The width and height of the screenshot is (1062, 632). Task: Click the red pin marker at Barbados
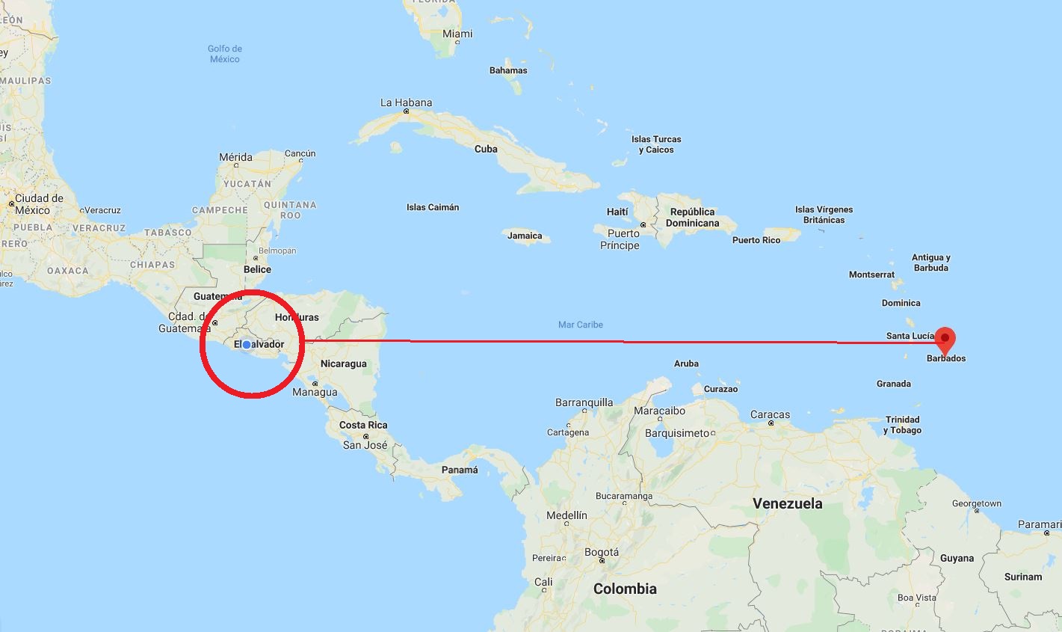[x=945, y=339]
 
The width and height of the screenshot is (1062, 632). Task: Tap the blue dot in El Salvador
[x=247, y=345]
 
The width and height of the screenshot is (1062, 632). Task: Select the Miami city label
[x=457, y=34]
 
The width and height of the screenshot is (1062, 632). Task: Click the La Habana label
[x=406, y=102]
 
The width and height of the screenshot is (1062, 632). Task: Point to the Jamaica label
[x=525, y=236]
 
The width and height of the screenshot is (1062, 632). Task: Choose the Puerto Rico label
[x=756, y=240]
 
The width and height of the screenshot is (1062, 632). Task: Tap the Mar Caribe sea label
[x=581, y=325]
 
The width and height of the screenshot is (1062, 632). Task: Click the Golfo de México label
[x=225, y=54]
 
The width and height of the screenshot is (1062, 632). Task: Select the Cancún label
[x=300, y=153]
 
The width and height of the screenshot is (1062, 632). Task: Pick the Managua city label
[x=315, y=392]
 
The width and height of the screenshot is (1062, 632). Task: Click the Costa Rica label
[x=363, y=425]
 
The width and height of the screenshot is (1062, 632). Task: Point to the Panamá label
[x=460, y=470]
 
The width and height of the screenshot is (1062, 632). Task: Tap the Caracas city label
[x=770, y=414]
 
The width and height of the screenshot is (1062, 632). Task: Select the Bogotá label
[x=601, y=552]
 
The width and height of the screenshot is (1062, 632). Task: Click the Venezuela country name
[x=787, y=503]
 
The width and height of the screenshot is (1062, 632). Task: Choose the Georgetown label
[x=977, y=503]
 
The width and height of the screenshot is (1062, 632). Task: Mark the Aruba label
[x=686, y=363]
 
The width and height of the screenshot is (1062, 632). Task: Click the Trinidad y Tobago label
[x=902, y=425]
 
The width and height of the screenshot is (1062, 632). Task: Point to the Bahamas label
[x=508, y=70]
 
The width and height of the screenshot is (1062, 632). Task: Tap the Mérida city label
[x=235, y=157]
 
